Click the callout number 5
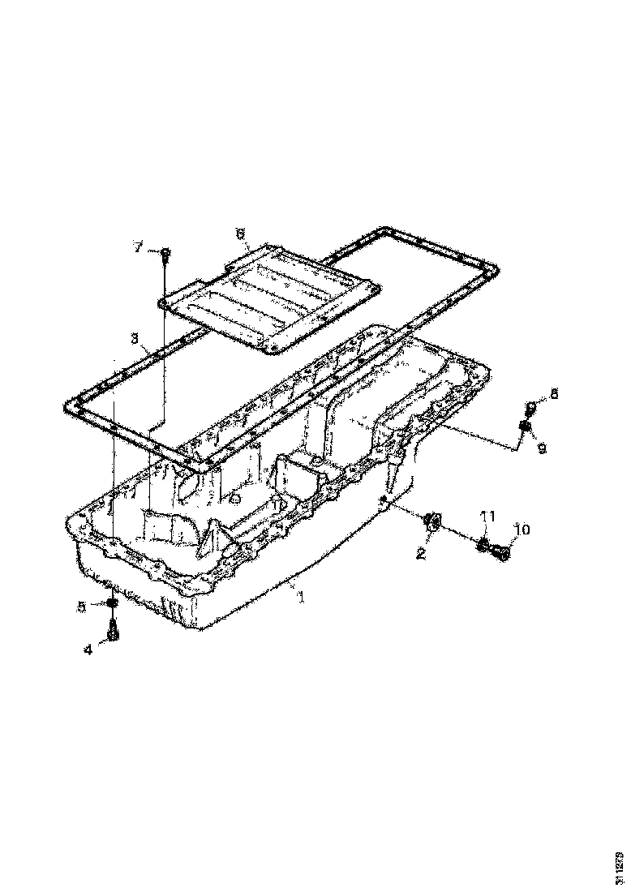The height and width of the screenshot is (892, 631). [x=82, y=605]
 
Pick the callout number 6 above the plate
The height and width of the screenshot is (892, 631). [x=240, y=234]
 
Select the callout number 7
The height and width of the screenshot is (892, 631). [x=138, y=247]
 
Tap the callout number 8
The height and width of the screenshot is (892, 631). [x=554, y=394]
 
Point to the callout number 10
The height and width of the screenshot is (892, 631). [x=522, y=530]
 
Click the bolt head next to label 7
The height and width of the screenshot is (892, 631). [x=165, y=253]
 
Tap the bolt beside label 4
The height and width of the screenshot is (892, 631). [x=113, y=632]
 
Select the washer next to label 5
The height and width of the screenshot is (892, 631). [x=111, y=603]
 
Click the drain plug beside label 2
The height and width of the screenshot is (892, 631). [x=432, y=525]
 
